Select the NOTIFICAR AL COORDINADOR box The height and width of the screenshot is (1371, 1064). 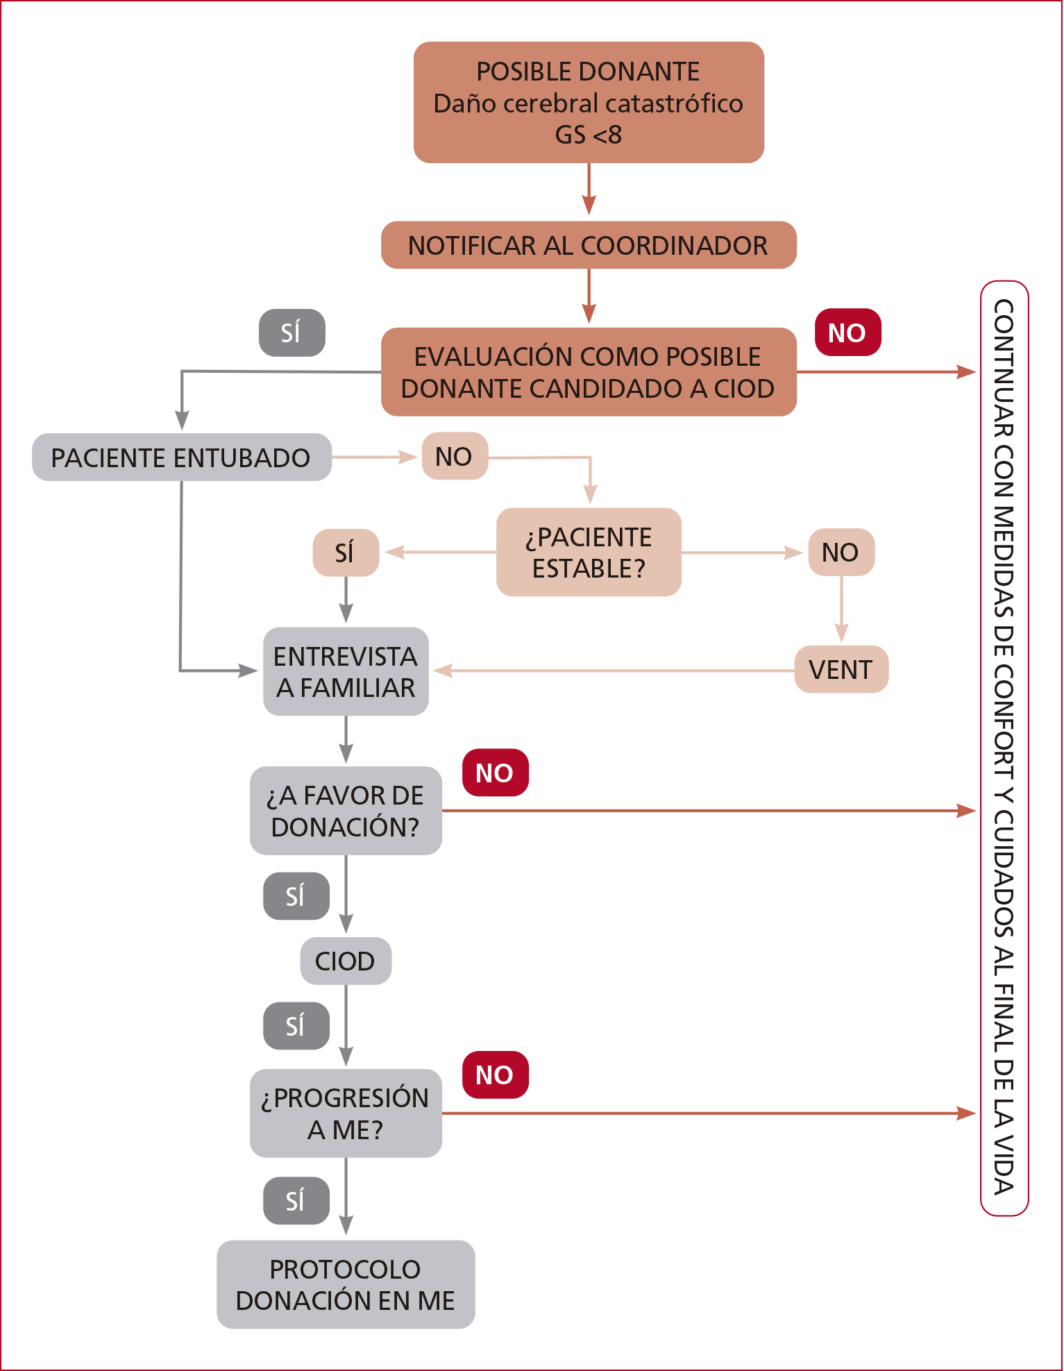[x=589, y=245]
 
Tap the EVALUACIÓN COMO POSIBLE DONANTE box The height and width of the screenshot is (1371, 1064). [x=589, y=372]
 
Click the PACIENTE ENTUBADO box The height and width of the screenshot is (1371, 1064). [x=181, y=457]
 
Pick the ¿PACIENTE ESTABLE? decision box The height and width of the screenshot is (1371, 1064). [x=589, y=553]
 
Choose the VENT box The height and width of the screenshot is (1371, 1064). [x=841, y=670]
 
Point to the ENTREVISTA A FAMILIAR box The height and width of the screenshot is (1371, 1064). [x=346, y=671]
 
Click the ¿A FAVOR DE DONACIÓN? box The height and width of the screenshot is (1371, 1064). [x=346, y=811]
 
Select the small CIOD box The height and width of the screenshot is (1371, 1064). [x=346, y=961]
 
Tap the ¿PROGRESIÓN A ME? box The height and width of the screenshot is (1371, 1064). [x=346, y=1113]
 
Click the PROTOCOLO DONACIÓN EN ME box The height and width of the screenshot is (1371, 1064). [x=346, y=1285]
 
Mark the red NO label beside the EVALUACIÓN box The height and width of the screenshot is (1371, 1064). [x=847, y=333]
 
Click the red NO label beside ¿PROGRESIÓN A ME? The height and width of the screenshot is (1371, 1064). [x=495, y=1075]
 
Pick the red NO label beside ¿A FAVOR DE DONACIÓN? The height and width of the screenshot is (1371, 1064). [x=495, y=773]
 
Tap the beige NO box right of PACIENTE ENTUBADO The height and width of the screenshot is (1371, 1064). [x=455, y=456]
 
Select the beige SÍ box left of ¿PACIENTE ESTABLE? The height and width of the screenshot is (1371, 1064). [x=346, y=553]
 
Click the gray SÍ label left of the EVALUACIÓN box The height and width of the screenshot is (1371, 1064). [x=292, y=333]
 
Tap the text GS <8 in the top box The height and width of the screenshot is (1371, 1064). [x=589, y=135]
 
